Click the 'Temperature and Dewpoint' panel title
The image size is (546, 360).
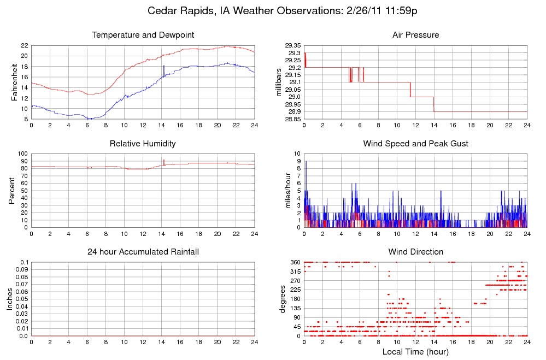143,35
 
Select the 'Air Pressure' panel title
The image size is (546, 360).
415,35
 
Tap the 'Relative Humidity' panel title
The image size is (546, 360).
143,144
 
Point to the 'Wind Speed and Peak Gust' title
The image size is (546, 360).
415,144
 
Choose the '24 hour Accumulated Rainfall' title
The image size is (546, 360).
143,252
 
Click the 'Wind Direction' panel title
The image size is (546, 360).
415,252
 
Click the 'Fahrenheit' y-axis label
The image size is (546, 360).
15,82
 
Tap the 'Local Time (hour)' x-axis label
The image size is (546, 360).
415,352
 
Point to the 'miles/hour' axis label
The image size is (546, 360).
289,191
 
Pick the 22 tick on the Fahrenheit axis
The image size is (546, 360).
25,45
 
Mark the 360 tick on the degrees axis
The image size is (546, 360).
295,263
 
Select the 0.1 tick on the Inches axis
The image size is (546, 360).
24,263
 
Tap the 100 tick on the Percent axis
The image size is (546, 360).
22,154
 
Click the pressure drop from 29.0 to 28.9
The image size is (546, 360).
434,104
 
